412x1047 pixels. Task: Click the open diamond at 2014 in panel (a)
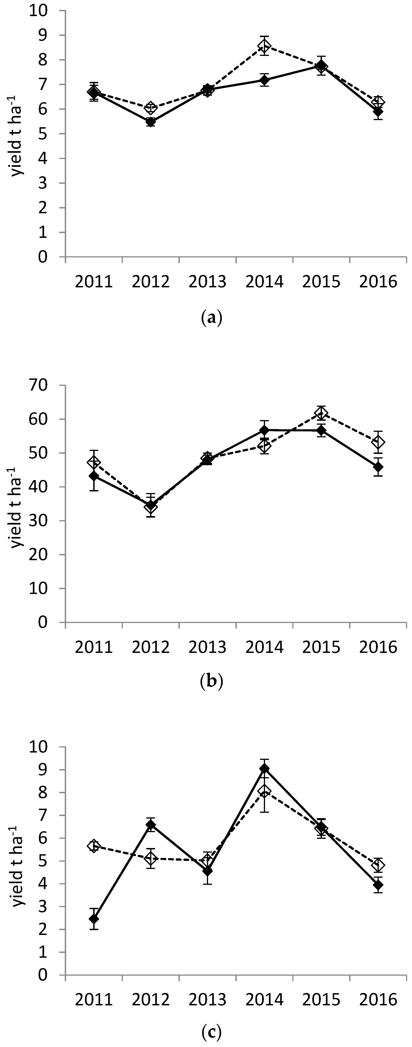tap(264, 45)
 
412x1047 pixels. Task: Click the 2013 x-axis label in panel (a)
tap(207, 281)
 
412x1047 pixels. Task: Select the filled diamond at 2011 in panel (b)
tap(94, 476)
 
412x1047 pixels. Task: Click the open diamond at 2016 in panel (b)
tap(378, 442)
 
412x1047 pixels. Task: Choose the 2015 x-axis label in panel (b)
tap(321, 647)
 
